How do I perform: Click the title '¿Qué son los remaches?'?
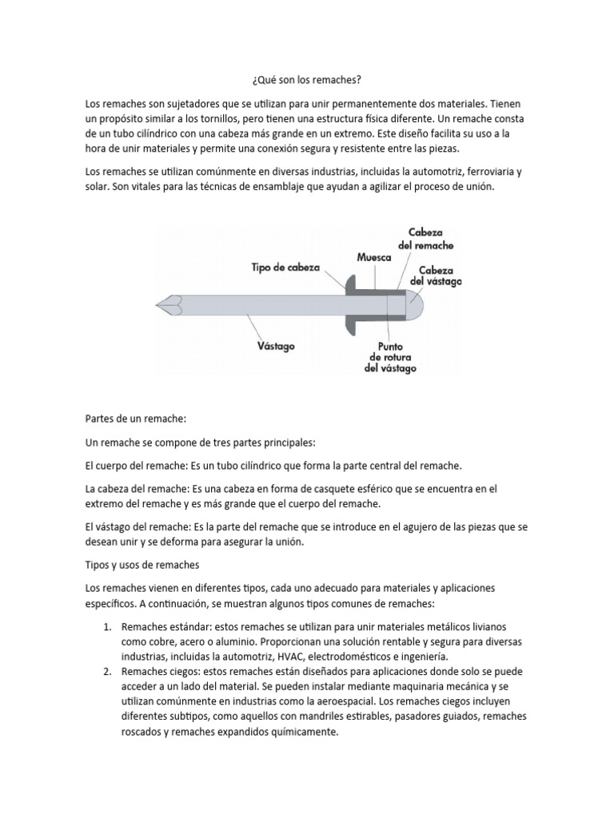click(x=306, y=81)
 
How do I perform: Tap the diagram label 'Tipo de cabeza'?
click(x=285, y=269)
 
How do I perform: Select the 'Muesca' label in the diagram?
click(x=373, y=258)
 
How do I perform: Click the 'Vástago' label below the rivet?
click(x=276, y=346)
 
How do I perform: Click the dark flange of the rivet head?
click(x=351, y=304)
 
